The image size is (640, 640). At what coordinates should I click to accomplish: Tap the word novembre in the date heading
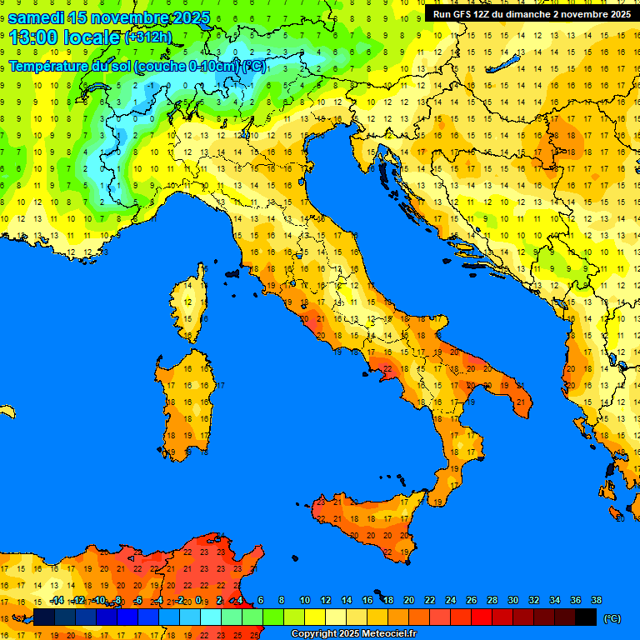[128, 18]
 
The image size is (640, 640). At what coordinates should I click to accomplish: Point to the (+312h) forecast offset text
[148, 37]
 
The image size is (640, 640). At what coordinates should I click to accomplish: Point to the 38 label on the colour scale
[596, 600]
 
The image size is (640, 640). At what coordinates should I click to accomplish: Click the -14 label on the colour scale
[57, 600]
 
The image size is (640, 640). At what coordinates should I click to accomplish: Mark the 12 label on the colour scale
[326, 600]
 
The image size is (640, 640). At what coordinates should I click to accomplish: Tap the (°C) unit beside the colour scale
[612, 618]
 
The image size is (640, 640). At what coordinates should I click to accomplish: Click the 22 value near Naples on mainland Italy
[386, 367]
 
